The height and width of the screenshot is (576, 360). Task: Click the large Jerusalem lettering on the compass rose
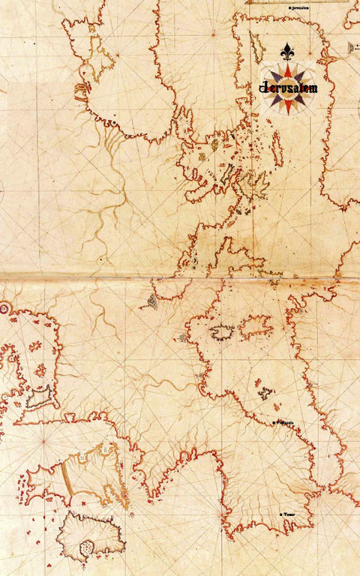tap(289, 88)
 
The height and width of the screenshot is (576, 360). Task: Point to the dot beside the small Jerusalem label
tap(290, 7)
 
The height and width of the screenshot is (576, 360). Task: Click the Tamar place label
tap(288, 514)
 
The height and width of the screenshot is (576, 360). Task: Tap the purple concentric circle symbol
tap(3, 307)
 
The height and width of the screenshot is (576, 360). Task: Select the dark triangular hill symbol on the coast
tap(151, 301)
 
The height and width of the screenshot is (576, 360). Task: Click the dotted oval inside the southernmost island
tap(88, 547)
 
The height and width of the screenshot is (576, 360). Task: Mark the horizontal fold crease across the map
tap(180, 276)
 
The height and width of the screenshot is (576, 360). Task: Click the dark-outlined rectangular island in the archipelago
tap(201, 156)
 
